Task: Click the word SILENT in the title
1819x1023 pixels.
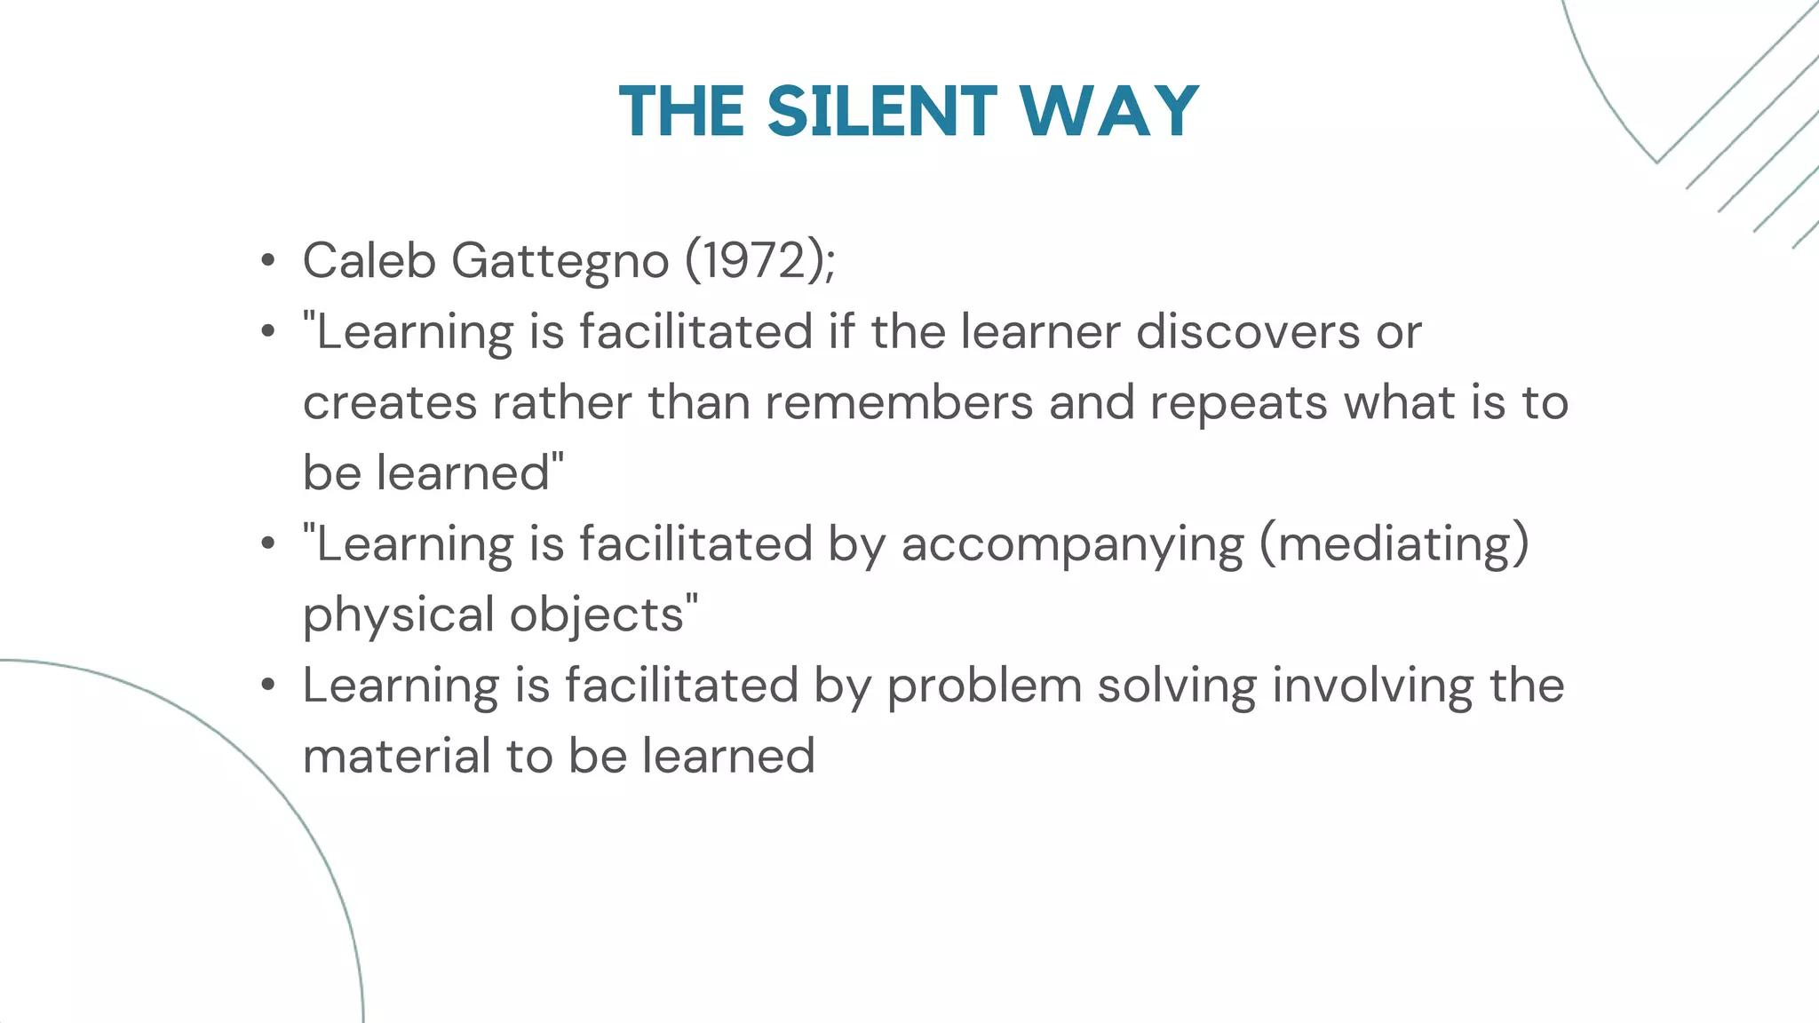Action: pyautogui.click(x=882, y=112)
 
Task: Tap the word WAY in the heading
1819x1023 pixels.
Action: pyautogui.click(x=1109, y=112)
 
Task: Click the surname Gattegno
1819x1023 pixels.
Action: pyautogui.click(x=560, y=261)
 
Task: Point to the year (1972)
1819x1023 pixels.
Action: pyautogui.click(x=759, y=261)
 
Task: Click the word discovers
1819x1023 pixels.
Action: pyautogui.click(x=1248, y=332)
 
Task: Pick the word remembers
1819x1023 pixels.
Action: pyautogui.click(x=899, y=402)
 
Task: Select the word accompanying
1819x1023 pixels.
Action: pyautogui.click(x=1072, y=545)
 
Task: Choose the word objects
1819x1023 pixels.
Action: pyautogui.click(x=603, y=615)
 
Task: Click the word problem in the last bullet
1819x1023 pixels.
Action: pyautogui.click(x=984, y=686)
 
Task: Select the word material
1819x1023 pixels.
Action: pyautogui.click(x=396, y=757)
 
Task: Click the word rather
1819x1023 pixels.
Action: pyautogui.click(x=562, y=402)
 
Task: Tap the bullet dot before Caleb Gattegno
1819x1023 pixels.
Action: pyautogui.click(x=268, y=262)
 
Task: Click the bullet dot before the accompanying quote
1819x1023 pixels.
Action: pyautogui.click(x=268, y=544)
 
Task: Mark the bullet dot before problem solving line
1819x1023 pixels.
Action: pyautogui.click(x=268, y=686)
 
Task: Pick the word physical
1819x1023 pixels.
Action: pyautogui.click(x=399, y=615)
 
